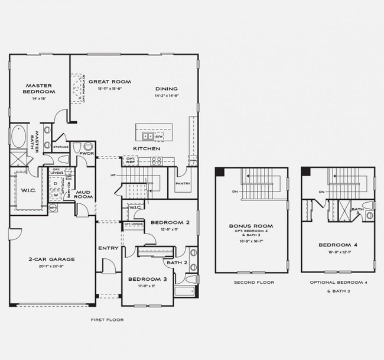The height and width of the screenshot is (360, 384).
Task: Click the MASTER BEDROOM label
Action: (x=39, y=89)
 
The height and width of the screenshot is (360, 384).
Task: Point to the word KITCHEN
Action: (x=147, y=148)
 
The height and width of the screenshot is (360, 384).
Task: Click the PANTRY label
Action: (x=183, y=184)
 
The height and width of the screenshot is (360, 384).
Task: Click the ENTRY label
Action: (x=108, y=248)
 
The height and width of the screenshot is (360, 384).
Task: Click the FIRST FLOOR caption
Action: (x=107, y=320)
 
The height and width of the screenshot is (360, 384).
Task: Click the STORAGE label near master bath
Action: (x=61, y=147)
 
